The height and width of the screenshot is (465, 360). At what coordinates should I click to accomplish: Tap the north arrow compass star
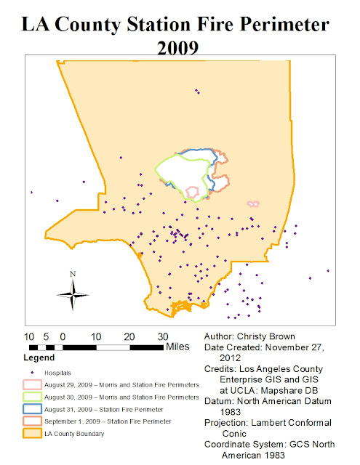pos(73,294)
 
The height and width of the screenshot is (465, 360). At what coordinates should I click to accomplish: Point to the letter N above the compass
pos(73,274)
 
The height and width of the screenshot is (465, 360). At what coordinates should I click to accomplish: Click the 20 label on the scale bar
pos(129,336)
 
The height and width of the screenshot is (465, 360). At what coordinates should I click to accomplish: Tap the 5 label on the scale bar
pos(46,336)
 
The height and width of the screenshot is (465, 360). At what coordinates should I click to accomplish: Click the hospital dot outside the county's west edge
pos(31,193)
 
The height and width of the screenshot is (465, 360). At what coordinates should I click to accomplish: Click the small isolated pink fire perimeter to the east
pos(253,204)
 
